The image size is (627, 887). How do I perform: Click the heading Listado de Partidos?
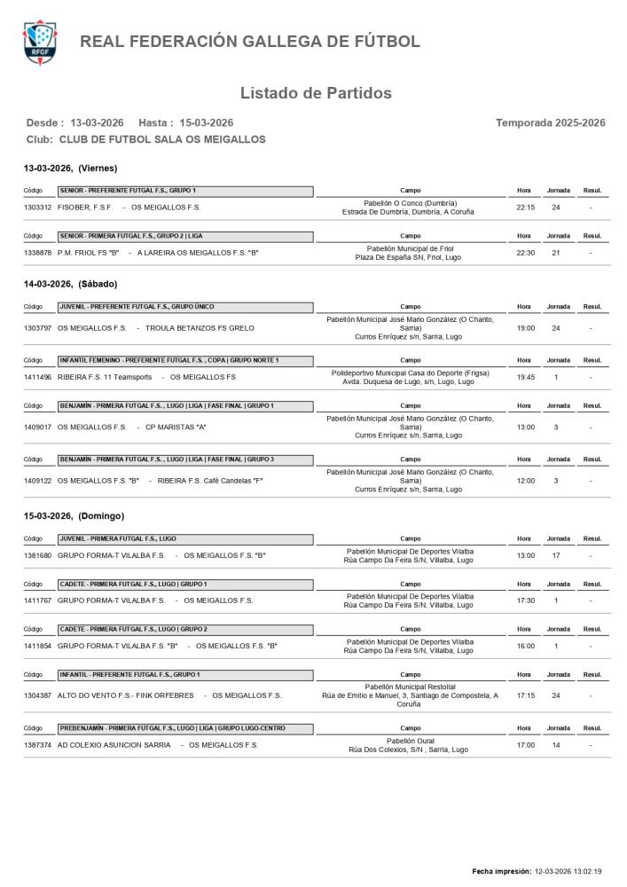tap(316, 93)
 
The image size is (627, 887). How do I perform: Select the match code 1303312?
tap(38, 208)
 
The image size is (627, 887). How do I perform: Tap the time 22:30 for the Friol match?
tap(524, 253)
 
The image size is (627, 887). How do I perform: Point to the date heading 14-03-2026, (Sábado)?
tap(70, 284)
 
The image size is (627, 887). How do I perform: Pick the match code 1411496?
tap(38, 378)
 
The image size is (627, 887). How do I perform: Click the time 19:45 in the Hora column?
tap(524, 378)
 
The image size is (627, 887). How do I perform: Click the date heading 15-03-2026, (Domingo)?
tap(74, 515)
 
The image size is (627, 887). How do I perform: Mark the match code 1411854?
tap(38, 646)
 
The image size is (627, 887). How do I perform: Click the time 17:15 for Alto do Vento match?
tap(524, 695)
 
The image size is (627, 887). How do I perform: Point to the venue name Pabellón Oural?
tap(410, 741)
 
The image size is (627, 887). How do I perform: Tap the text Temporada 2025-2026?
tap(550, 122)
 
